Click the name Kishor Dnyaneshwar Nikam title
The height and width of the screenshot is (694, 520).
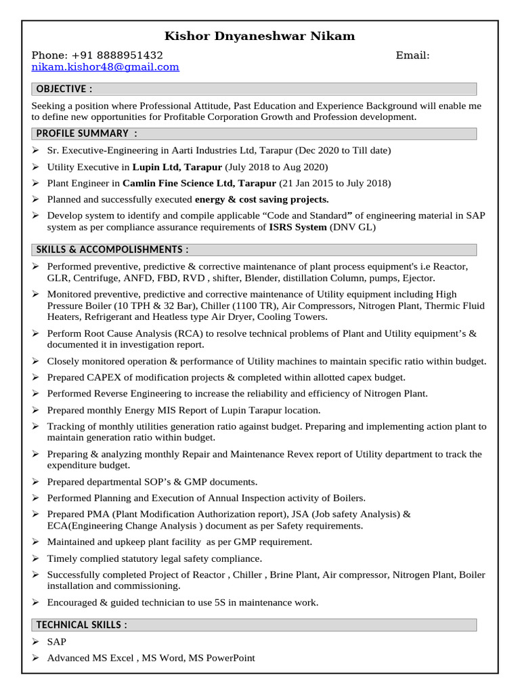click(x=260, y=36)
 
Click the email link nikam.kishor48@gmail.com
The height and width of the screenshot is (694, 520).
click(x=105, y=66)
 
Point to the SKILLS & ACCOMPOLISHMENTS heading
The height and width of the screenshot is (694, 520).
click(x=112, y=249)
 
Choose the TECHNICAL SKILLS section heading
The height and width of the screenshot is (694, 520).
click(x=81, y=625)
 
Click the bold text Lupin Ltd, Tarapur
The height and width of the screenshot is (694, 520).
click(x=171, y=167)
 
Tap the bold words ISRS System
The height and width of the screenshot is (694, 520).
click(x=298, y=227)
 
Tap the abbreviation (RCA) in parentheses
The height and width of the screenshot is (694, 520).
click(x=188, y=333)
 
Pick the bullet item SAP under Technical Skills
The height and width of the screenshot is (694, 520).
click(x=56, y=641)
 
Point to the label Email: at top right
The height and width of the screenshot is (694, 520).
click(x=412, y=55)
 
